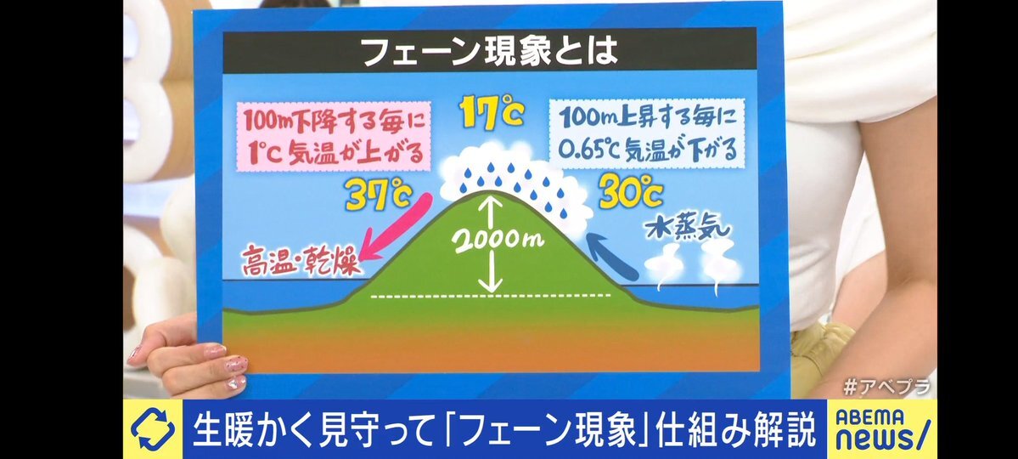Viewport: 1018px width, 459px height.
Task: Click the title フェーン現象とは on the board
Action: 490,51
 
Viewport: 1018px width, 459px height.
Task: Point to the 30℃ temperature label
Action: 630,191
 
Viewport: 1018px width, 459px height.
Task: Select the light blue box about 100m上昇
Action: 646,134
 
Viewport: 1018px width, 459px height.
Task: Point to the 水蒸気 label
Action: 687,228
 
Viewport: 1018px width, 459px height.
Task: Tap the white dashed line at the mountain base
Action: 491,296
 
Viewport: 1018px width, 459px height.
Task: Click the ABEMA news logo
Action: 883,429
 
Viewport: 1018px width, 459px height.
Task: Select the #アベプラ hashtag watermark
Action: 887,387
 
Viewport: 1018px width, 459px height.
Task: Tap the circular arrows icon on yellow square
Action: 152,429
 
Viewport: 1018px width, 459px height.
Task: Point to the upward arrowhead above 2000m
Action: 493,203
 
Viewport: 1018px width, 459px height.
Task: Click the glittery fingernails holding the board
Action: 229,366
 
